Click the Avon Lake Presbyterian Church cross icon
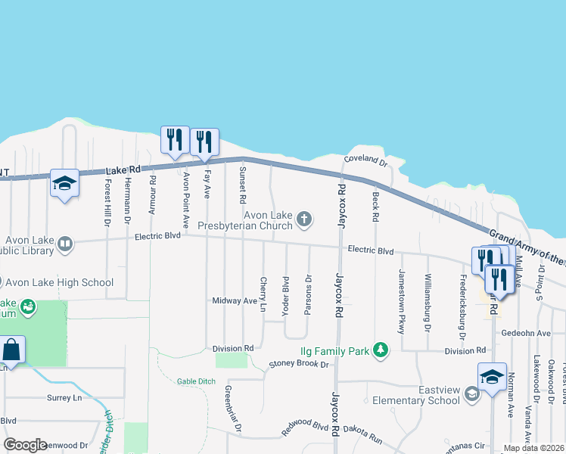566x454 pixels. pos(304,219)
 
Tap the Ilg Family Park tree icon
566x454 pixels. pos(383,350)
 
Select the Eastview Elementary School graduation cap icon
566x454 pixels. pos(472,393)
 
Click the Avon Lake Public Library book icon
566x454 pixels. pos(65,244)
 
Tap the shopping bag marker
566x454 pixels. pos(12,350)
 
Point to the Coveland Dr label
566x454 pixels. pos(365,161)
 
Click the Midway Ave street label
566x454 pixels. pos(235,300)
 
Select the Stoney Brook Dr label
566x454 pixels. pos(300,365)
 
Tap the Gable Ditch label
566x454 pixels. pos(197,381)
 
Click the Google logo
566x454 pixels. pos(24,445)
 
